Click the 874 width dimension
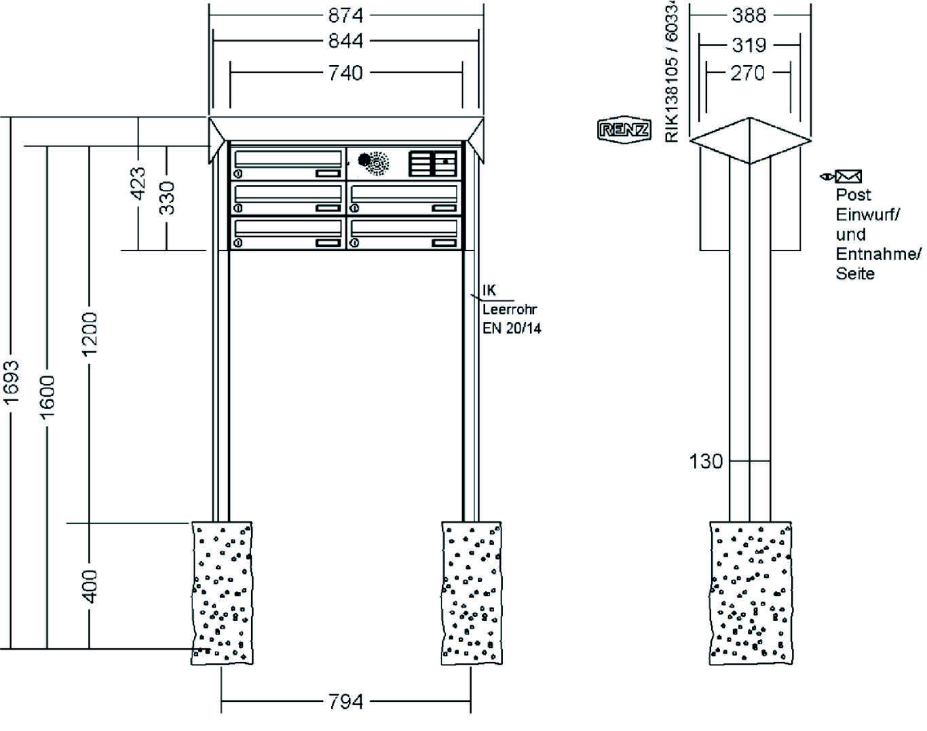(x=345, y=15)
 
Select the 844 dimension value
(x=345, y=41)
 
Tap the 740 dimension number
(x=345, y=72)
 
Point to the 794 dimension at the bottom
(x=345, y=702)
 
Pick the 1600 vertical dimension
(x=47, y=397)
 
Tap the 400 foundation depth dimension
(x=89, y=586)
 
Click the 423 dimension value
(x=138, y=183)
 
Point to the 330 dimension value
(x=167, y=197)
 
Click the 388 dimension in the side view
(x=749, y=15)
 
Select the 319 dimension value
(x=749, y=45)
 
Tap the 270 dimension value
(x=748, y=73)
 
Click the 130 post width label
(x=706, y=462)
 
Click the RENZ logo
(x=624, y=130)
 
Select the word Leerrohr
(x=510, y=310)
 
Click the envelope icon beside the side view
(x=848, y=177)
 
